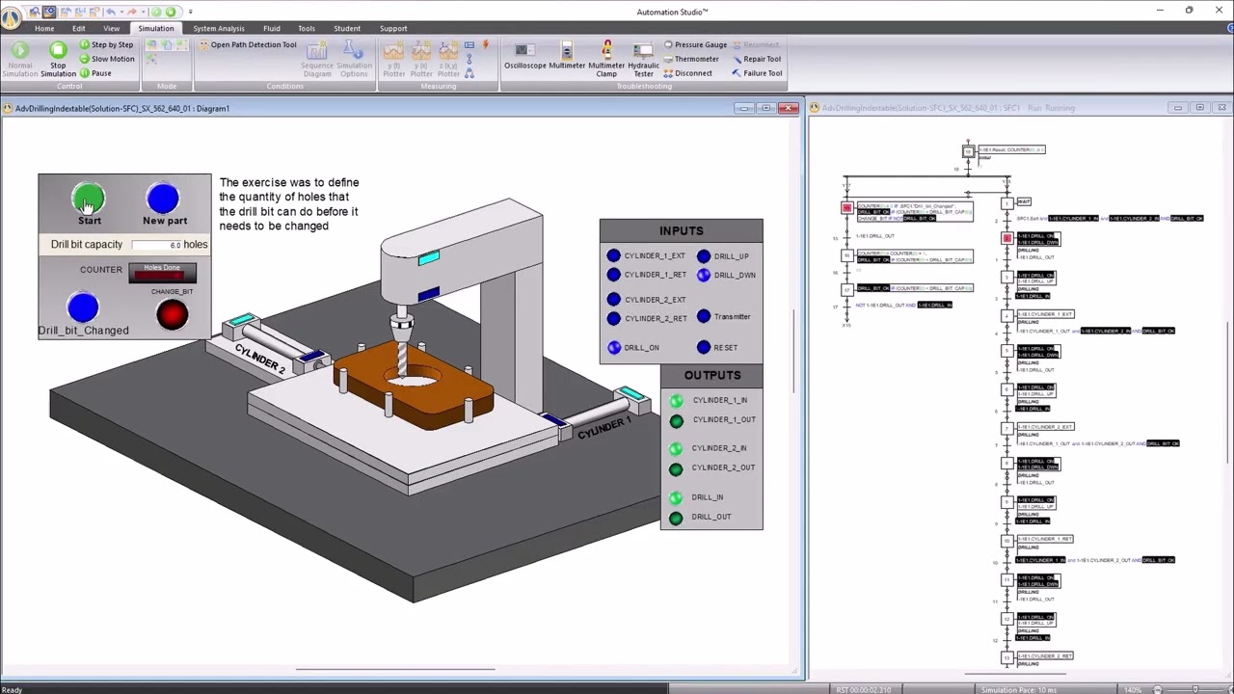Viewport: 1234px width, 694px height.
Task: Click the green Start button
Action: coord(89,200)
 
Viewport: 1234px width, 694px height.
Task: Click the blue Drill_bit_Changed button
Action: coord(83,308)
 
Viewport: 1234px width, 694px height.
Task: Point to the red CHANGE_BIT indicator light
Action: coord(172,314)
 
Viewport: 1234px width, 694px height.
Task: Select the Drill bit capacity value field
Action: coord(157,245)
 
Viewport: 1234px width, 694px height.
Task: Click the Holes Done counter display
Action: coord(162,274)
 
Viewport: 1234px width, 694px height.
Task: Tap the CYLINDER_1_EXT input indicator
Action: coord(613,255)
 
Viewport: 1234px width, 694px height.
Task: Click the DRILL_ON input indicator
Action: coord(614,347)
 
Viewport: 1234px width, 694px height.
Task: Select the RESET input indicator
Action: coord(704,347)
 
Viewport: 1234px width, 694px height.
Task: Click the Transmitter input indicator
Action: coord(704,316)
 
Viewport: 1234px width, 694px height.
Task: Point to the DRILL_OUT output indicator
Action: coord(676,518)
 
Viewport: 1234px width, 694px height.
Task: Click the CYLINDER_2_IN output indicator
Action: coord(676,448)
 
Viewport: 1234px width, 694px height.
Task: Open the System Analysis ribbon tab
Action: coord(219,28)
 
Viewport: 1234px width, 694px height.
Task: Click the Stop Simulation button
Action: coord(58,58)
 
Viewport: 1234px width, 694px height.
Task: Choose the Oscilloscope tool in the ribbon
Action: coord(524,57)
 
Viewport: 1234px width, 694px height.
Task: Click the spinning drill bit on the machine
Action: coord(402,357)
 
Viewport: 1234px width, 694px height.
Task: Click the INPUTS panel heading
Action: coord(681,230)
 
